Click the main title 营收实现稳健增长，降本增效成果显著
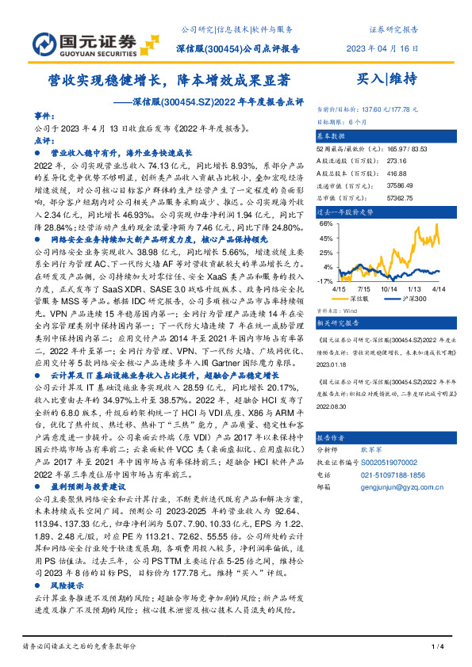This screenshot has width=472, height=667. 165,80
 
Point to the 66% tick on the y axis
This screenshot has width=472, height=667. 325,224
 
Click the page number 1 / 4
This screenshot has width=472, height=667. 436,648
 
